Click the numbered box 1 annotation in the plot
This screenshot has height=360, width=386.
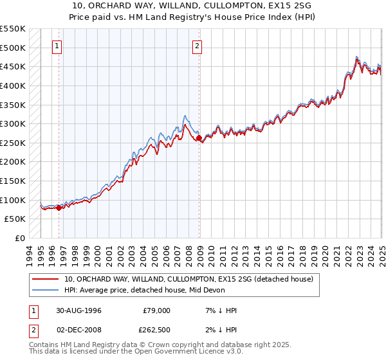click(57, 46)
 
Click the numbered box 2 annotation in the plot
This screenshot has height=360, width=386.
click(196, 46)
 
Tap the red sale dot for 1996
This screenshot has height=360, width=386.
click(59, 208)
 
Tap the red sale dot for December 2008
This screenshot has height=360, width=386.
click(199, 138)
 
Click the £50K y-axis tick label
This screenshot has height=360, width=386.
click(15, 219)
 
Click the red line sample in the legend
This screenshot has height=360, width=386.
click(46, 279)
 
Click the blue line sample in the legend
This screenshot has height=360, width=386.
click(46, 290)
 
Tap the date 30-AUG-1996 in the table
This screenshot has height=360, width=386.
click(80, 310)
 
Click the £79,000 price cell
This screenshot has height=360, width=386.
click(156, 310)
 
